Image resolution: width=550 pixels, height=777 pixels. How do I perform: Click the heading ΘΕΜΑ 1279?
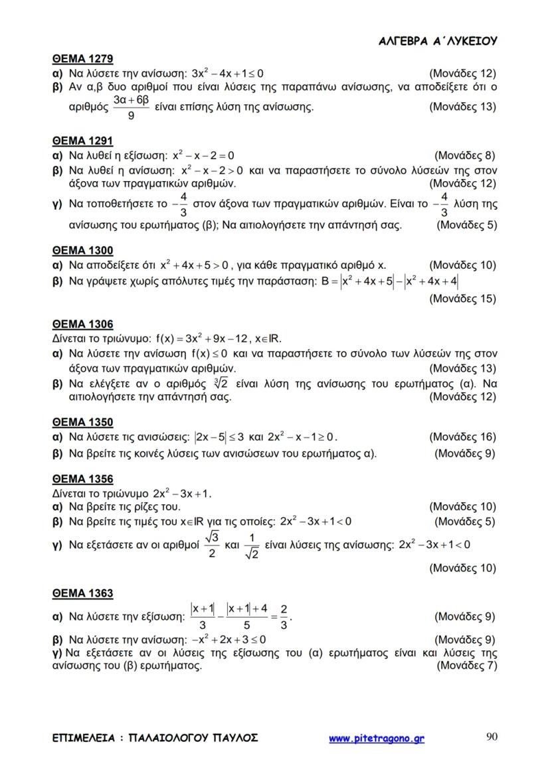pyautogui.click(x=82, y=58)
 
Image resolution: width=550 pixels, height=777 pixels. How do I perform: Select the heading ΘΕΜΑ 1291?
pyautogui.click(x=82, y=141)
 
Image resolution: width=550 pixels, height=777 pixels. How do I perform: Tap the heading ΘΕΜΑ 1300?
pyautogui.click(x=82, y=250)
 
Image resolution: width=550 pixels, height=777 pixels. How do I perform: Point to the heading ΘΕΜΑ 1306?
pyautogui.click(x=82, y=324)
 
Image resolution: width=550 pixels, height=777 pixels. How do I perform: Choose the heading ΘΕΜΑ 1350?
pyautogui.click(x=82, y=422)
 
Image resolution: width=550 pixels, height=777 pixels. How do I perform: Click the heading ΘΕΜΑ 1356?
pyautogui.click(x=82, y=479)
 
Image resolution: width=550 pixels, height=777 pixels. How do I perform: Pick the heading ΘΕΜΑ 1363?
pyautogui.click(x=82, y=593)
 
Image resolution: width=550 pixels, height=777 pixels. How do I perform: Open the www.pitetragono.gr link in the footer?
pyautogui.click(x=377, y=738)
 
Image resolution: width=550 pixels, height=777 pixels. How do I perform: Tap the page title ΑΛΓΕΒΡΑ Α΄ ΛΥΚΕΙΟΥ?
pyautogui.click(x=438, y=41)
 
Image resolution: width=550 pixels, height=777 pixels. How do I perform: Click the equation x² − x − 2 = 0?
pyautogui.click(x=203, y=157)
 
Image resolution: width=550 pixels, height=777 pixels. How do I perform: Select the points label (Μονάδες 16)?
pyautogui.click(x=462, y=437)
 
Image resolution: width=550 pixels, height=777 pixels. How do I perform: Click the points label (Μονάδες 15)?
pyautogui.click(x=462, y=299)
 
